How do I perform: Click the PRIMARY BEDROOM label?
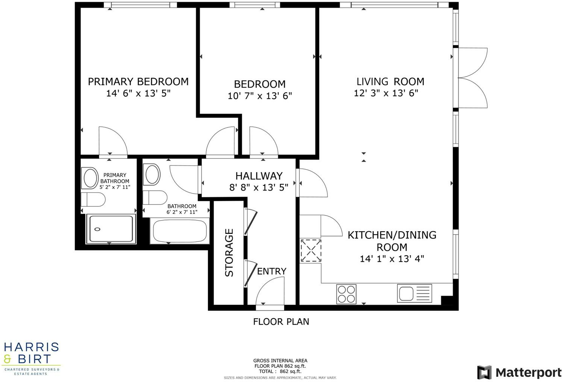pos(138,82)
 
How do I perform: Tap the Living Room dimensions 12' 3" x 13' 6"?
pos(386,93)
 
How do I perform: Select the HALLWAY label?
pos(259,176)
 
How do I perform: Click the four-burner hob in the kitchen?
pos(346,294)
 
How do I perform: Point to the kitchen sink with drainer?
pos(414,293)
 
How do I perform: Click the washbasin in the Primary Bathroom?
pos(90,178)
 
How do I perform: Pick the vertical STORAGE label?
pos(229,253)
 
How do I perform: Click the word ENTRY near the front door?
pos(271,271)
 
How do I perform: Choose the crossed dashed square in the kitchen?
pos(310,251)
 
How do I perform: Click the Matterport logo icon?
pos(484,372)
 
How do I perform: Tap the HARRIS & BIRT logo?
pos(31,358)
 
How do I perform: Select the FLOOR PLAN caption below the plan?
pos(281,322)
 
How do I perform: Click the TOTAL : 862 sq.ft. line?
pos(280,371)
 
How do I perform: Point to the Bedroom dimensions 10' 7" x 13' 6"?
pos(259,96)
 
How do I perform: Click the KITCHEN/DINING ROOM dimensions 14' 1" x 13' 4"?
pos(392,259)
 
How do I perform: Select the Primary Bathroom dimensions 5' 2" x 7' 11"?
pos(115,187)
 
